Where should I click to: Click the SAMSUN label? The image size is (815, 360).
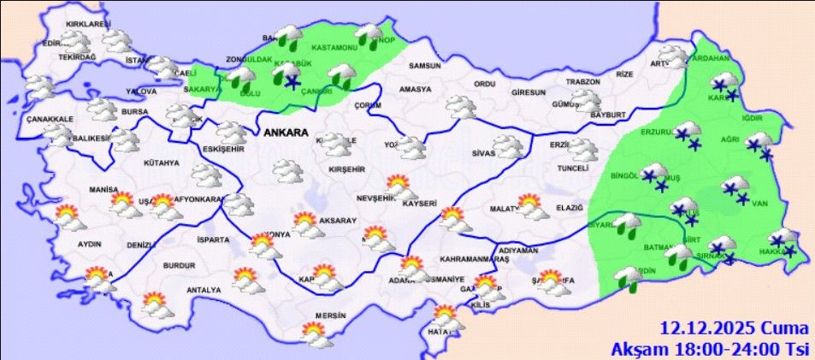(424, 67)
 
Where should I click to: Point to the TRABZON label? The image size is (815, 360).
(560, 82)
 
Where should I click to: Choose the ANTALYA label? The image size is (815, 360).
(203, 289)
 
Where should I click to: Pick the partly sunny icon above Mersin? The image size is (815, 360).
(318, 334)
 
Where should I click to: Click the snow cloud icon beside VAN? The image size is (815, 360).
(736, 189)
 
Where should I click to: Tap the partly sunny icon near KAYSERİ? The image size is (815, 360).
(399, 185)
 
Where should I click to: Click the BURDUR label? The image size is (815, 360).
(179, 266)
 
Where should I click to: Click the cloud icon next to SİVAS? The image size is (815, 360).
(509, 147)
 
